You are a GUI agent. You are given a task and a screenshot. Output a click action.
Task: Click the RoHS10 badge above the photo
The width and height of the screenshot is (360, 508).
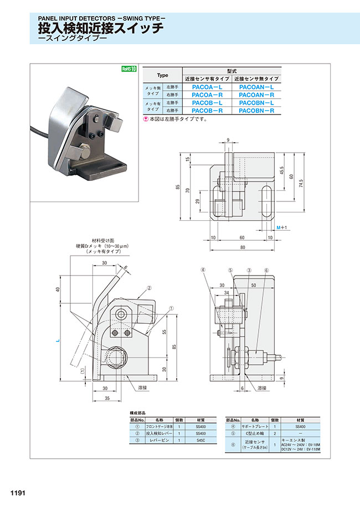click(x=128, y=69)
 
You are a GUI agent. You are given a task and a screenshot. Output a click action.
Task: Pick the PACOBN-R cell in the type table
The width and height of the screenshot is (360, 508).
click(x=257, y=111)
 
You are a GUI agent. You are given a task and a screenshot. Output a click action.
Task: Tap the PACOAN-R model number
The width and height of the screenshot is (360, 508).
click(x=257, y=95)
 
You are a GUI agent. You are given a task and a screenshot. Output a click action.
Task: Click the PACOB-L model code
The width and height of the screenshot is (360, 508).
click(x=207, y=103)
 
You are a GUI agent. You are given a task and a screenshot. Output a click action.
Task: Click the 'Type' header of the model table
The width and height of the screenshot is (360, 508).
click(x=162, y=75)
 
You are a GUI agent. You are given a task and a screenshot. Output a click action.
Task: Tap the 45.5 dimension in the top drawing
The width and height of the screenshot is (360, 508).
click(x=282, y=172)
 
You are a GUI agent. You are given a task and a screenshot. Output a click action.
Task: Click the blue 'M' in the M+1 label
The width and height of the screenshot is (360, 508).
click(x=279, y=227)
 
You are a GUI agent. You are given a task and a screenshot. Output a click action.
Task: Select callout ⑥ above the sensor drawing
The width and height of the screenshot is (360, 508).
click(x=266, y=270)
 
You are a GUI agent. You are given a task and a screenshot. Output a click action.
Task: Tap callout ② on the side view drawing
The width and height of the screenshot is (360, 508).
click(x=149, y=288)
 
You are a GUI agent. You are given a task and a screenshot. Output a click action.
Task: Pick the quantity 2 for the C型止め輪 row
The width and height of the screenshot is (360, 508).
click(x=274, y=433)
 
